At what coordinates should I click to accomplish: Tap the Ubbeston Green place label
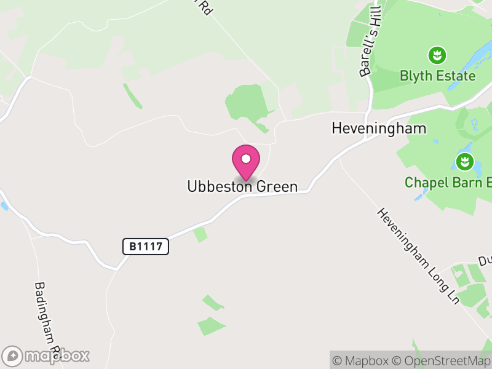click(x=242, y=186)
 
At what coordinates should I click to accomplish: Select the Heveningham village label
click(x=378, y=128)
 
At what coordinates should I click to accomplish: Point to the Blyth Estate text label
click(x=437, y=76)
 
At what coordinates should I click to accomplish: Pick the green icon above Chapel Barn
click(x=464, y=162)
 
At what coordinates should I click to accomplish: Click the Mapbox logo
click(x=46, y=355)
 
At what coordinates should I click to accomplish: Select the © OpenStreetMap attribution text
click(x=440, y=360)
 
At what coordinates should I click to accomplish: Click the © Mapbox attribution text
click(x=362, y=360)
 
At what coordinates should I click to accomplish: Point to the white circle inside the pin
click(x=246, y=159)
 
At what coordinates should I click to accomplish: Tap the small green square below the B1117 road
click(x=200, y=234)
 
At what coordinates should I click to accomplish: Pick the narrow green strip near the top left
click(x=132, y=96)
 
